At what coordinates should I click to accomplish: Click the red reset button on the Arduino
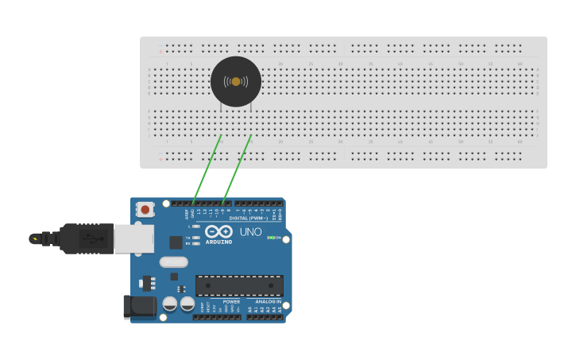pos(145,210)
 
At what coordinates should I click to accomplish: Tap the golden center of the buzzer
pos(236,81)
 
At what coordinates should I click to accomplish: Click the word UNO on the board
pos(250,232)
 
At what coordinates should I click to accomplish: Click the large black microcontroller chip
pos(239,285)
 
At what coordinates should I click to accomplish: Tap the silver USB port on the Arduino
pos(128,238)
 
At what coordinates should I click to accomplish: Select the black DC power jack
pos(139,307)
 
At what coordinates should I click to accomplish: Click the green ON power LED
pos(270,238)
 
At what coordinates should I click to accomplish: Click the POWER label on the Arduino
pos(231,302)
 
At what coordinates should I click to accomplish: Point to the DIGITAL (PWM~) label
pos(249,218)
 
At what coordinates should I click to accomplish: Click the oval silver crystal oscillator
pos(173,261)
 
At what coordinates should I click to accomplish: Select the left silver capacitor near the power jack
pos(170,304)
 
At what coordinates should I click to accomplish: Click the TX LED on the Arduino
pos(196,237)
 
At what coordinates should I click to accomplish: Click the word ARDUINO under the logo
pos(218,242)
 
